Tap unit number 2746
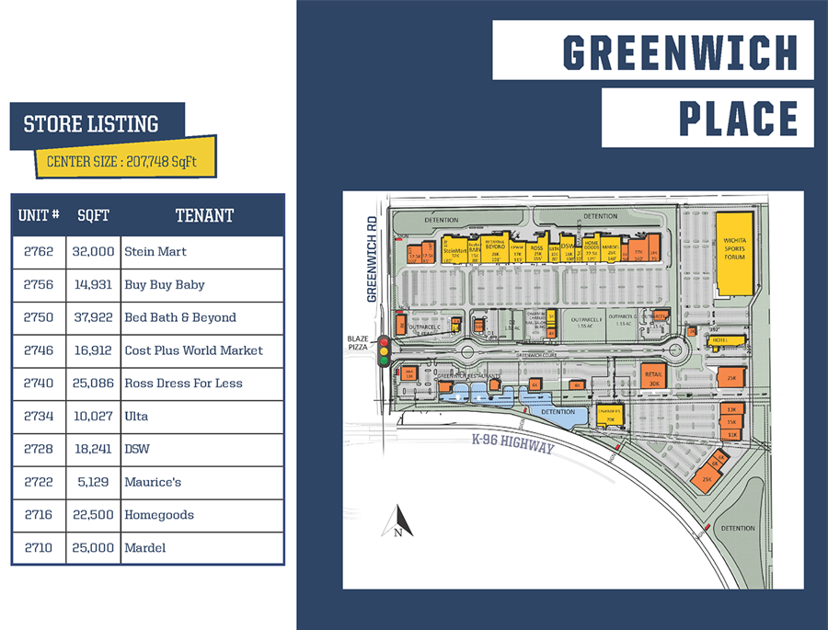tap(39, 350)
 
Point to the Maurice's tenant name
tap(153, 482)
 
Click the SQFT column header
tap(94, 216)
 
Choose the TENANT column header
tap(204, 216)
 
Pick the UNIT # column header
tap(39, 216)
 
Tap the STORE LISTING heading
tap(91, 125)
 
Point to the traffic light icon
tap(384, 351)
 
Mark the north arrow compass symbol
tap(397, 521)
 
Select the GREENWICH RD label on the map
tap(373, 259)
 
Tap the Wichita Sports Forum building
tap(734, 251)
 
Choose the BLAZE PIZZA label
tap(358, 342)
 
